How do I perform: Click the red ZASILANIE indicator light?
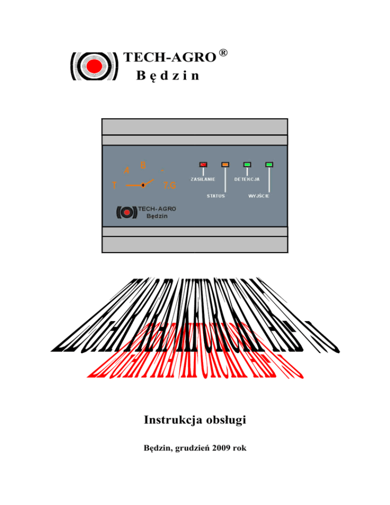pyautogui.click(x=203, y=164)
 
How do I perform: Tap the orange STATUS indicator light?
pyautogui.click(x=225, y=164)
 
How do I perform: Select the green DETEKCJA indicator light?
pyautogui.click(x=247, y=164)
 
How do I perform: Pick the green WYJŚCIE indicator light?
pyautogui.click(x=269, y=164)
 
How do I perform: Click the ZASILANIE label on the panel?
pyautogui.click(x=203, y=179)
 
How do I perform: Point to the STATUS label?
pyautogui.click(x=216, y=196)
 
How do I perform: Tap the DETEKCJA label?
pyautogui.click(x=247, y=179)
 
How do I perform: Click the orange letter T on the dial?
pyautogui.click(x=115, y=185)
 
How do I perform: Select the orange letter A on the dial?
pyautogui.click(x=127, y=170)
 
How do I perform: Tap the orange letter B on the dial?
pyautogui.click(x=143, y=165)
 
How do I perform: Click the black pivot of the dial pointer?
pyautogui.click(x=143, y=185)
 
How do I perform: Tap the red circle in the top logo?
pyautogui.click(x=93, y=66)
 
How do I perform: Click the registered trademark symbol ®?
pyautogui.click(x=222, y=53)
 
